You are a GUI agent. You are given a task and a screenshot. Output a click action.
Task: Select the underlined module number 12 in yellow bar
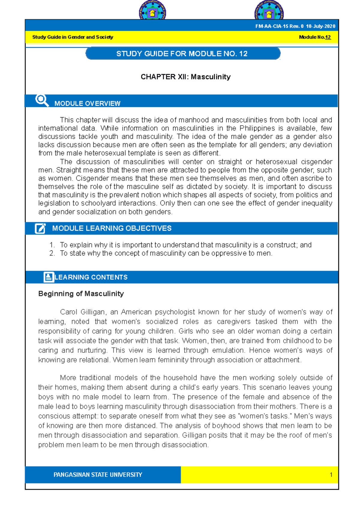point(328,37)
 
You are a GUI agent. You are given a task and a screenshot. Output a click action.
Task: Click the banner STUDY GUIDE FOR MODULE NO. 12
point(182,54)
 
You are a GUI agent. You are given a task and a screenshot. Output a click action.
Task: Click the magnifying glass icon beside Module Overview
point(42,100)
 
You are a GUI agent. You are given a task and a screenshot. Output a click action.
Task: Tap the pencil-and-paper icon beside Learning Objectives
point(40,228)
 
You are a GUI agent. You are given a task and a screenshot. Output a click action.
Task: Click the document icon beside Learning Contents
point(49,277)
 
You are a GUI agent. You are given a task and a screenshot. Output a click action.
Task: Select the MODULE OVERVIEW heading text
point(87,103)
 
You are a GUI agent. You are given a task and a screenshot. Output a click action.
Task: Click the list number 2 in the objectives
point(52,253)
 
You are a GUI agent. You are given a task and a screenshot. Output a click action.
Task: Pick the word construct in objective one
point(282,245)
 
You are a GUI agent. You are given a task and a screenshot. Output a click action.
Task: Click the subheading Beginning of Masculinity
point(81,294)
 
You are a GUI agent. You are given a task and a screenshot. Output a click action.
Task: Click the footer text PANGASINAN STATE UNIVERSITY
point(98,475)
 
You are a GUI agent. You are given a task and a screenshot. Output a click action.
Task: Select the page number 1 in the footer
point(331,475)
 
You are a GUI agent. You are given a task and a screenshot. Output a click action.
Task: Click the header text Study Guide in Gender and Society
point(73,37)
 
